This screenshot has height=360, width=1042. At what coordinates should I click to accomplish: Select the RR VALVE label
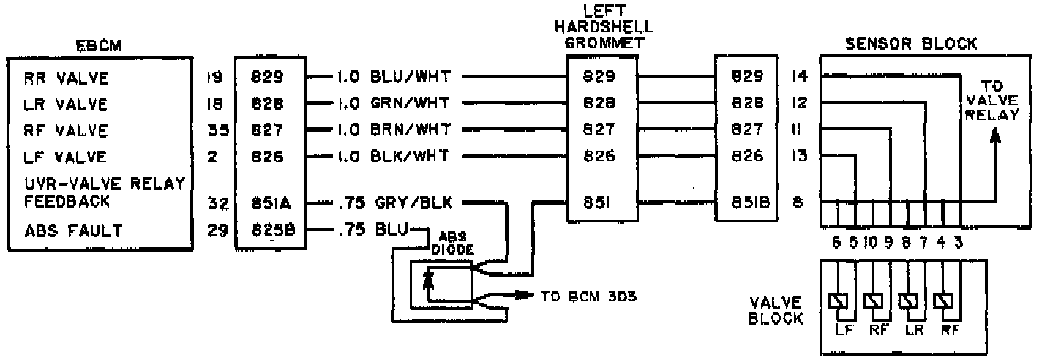(65, 78)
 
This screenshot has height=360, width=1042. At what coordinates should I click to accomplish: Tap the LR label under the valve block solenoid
(911, 329)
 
